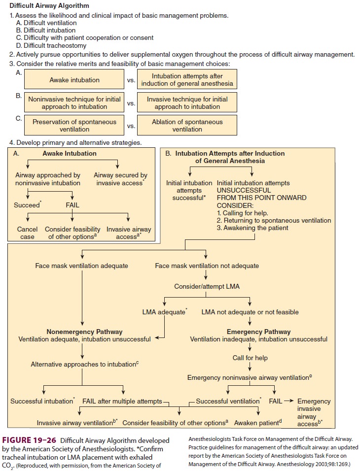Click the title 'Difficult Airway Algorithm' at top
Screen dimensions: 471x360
pos(50,6)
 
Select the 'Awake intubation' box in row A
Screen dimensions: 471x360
pos(74,80)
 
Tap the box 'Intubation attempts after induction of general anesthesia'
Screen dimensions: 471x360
pos(187,80)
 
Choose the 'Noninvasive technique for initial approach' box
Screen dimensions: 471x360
pos(74,103)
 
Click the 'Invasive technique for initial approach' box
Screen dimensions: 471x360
pos(187,103)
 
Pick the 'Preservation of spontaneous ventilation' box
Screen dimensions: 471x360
pos(74,125)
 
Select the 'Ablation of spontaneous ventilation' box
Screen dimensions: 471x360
pos(187,125)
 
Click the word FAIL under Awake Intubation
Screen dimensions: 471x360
pos(73,205)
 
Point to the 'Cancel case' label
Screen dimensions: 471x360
pos(27,233)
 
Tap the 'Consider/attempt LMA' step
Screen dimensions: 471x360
pos(207,286)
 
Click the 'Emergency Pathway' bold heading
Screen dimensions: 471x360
pos(258,332)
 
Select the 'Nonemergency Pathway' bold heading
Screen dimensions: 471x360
pos(84,332)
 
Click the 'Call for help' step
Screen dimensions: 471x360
pos(250,358)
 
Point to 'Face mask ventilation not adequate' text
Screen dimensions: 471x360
pos(207,266)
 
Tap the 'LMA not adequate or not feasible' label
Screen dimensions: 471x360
pos(250,312)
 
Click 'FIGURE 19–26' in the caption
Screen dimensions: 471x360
pos(29,440)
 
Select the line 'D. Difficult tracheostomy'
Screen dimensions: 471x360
pos(54,45)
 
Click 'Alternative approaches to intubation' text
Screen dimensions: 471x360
pos(84,364)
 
